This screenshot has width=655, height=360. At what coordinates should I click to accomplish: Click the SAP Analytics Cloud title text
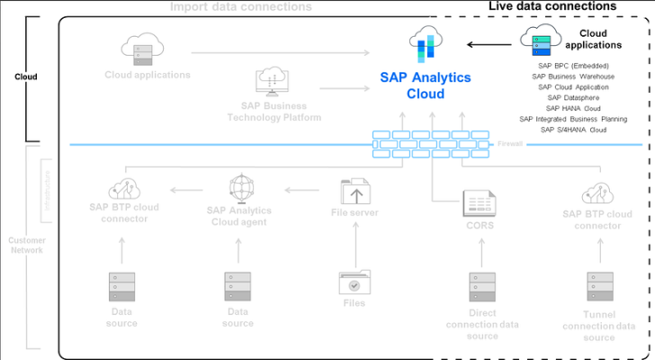[426, 85]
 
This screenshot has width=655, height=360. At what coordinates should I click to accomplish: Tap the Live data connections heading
[552, 6]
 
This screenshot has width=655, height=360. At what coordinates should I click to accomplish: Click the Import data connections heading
[241, 6]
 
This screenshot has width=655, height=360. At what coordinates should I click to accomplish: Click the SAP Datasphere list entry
[573, 98]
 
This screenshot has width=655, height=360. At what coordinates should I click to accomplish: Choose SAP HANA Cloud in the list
[573, 109]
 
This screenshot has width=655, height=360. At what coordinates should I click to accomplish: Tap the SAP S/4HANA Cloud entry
[573, 130]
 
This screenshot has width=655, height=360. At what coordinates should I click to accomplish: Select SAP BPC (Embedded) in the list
[573, 66]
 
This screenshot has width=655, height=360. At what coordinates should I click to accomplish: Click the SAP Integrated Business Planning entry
[573, 120]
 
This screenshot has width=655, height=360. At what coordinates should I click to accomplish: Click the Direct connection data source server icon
[481, 287]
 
